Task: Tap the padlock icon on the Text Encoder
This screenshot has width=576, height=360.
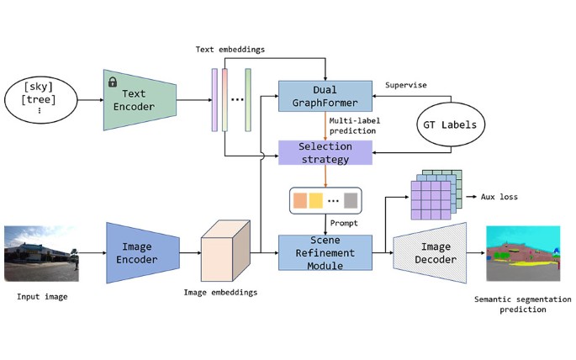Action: (112, 82)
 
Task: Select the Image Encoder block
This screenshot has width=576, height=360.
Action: (142, 252)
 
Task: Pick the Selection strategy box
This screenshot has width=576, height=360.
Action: (325, 152)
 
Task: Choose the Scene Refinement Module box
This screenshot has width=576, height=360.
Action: (325, 252)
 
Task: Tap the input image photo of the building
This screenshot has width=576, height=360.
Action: (42, 251)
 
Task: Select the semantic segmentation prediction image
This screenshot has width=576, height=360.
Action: (523, 252)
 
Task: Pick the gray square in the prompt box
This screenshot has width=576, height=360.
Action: (350, 201)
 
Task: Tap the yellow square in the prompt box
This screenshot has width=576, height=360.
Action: (315, 201)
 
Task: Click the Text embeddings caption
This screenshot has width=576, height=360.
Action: (230, 50)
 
